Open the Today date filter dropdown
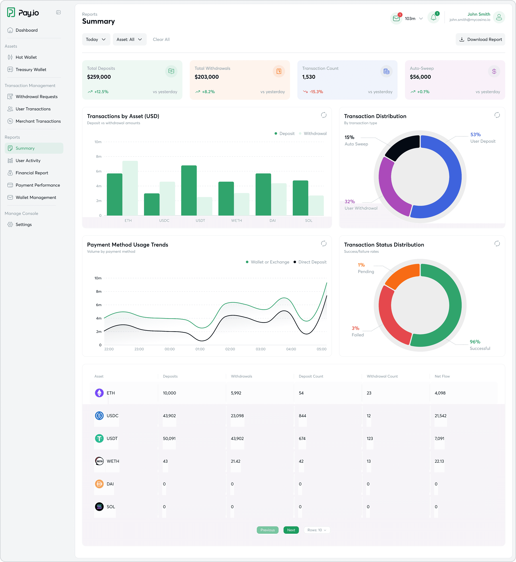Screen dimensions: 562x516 [x=96, y=39]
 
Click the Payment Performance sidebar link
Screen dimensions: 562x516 [x=37, y=185]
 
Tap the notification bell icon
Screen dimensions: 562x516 [x=433, y=18]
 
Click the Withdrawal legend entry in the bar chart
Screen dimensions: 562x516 [x=315, y=133]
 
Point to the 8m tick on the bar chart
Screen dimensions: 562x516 [x=98, y=157]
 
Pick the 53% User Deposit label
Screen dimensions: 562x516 [x=475, y=135]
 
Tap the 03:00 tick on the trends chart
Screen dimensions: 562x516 [x=261, y=349]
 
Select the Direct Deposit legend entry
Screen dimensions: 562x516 [x=312, y=262]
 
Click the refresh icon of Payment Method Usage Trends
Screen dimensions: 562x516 [x=324, y=243]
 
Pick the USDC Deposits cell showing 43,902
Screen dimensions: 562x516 [x=169, y=416]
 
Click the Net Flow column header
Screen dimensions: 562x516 [x=442, y=376]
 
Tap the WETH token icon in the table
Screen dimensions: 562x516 [x=99, y=461]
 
